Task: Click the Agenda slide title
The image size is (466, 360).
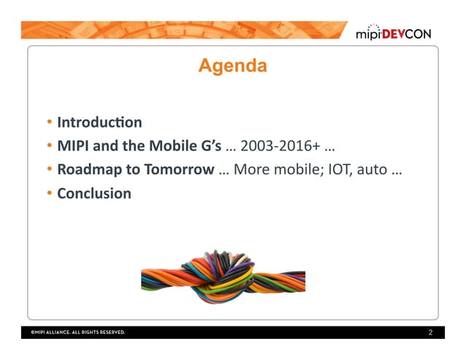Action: (x=232, y=66)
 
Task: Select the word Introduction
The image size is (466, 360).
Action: (x=99, y=122)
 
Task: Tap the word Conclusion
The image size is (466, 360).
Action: (x=94, y=194)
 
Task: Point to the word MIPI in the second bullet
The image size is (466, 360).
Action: (x=72, y=146)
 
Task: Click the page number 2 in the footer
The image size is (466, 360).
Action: (x=430, y=332)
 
